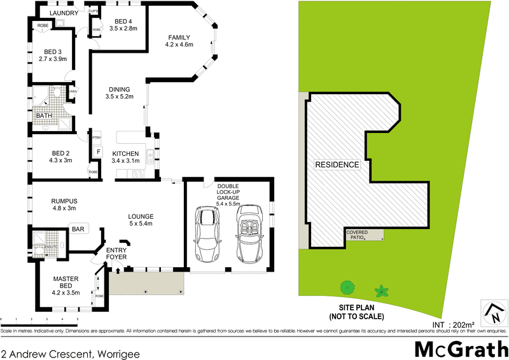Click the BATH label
pos(44,116)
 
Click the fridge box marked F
pos(98,152)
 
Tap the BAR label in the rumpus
pos(79,228)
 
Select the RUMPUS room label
pos(64,205)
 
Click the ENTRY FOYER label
pos(116,254)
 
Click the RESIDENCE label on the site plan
pos(337,165)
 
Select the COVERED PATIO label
pos(357,235)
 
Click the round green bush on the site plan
pos(347,287)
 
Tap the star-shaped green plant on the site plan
pos(382,291)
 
